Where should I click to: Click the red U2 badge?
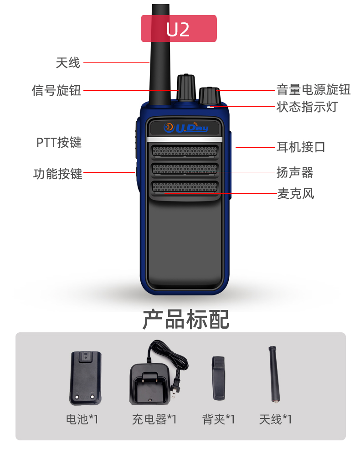tap(179, 28)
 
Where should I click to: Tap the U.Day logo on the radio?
tap(186, 127)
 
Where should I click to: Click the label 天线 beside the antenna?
tap(68, 63)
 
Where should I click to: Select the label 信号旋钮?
tap(57, 90)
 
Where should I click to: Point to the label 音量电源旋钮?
tap(313, 90)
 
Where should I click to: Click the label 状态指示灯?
tap(307, 107)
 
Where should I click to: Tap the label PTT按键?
tap(59, 142)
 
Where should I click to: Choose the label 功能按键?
tap(57, 174)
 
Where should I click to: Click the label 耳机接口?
tap(301, 147)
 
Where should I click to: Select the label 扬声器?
tap(295, 173)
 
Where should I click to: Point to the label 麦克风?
tap(296, 194)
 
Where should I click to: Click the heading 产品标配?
tap(186, 320)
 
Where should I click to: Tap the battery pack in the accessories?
tap(85, 378)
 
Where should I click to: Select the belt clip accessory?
tap(219, 378)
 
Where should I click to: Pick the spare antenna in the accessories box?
tap(274, 374)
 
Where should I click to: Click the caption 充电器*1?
tap(154, 419)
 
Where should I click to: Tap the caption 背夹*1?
tap(219, 419)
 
